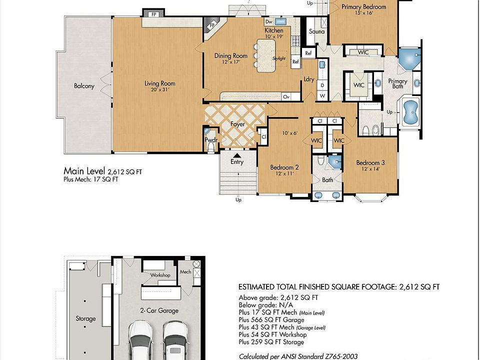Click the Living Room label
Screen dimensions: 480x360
tap(160, 83)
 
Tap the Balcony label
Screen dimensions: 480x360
tap(84, 86)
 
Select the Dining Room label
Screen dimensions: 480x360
tap(231, 55)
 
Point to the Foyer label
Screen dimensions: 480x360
tap(237, 124)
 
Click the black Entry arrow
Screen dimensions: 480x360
tap(237, 155)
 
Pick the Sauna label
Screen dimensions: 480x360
tap(317, 31)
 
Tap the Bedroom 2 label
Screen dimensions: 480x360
tap(284, 167)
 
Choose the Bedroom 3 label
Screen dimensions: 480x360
tap(370, 162)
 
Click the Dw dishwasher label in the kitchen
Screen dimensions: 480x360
tap(268, 21)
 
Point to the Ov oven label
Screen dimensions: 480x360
tap(286, 96)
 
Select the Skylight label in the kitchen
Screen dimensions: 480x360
tap(279, 58)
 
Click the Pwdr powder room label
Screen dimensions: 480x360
tap(211, 140)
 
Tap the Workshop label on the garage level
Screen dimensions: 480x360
tap(160, 275)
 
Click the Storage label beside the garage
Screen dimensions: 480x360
tap(85, 318)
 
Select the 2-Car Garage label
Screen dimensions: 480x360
tap(159, 310)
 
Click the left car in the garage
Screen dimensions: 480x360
tap(141, 340)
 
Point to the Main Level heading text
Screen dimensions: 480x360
tap(84, 171)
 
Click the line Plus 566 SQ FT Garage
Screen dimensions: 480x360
tap(271, 320)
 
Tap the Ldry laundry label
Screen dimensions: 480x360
tap(309, 79)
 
